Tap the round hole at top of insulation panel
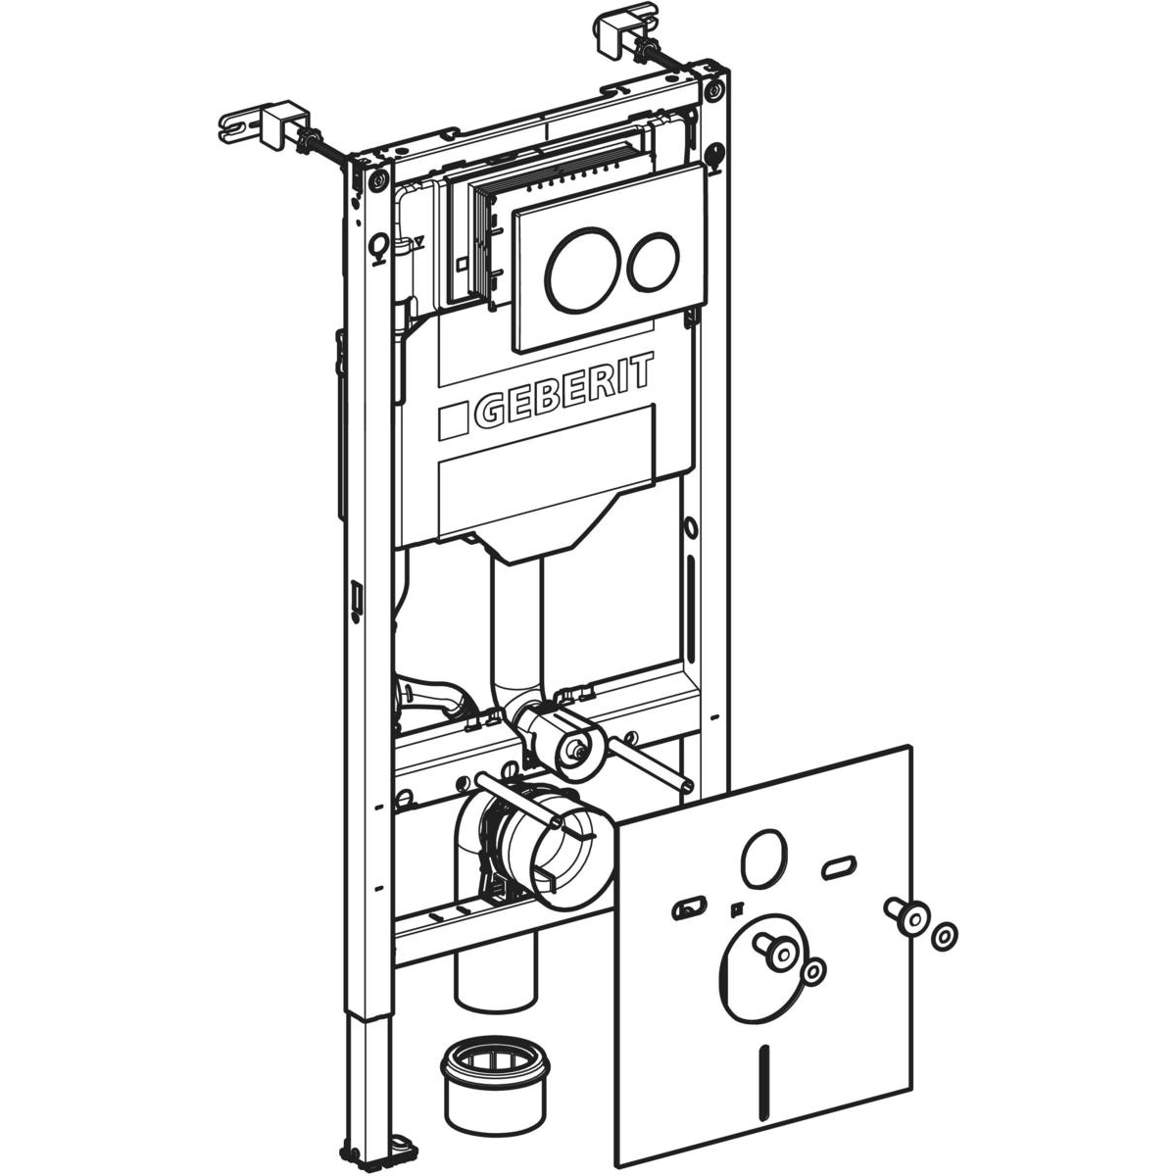point(761,857)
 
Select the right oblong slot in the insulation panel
point(838,864)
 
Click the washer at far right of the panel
point(942,935)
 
